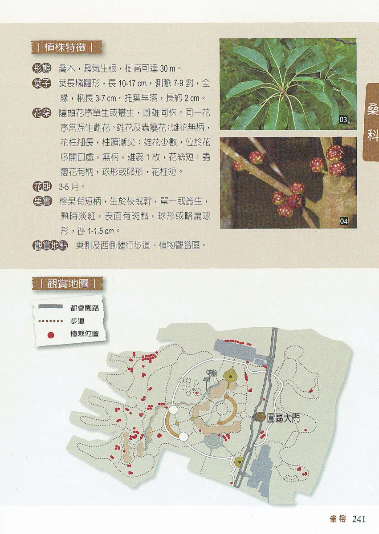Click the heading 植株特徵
click(65, 48)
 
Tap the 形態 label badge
click(42, 69)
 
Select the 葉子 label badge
click(42, 84)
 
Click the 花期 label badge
click(42, 187)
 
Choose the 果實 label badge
click(42, 202)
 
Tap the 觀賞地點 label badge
click(50, 245)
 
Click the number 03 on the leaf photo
click(343, 120)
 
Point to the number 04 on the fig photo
click(344, 221)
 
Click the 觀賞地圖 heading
click(68, 284)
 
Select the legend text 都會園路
click(85, 308)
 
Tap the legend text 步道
click(77, 321)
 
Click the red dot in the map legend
click(51, 335)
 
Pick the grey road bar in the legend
click(51, 306)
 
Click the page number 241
click(359, 519)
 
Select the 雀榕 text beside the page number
click(338, 519)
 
